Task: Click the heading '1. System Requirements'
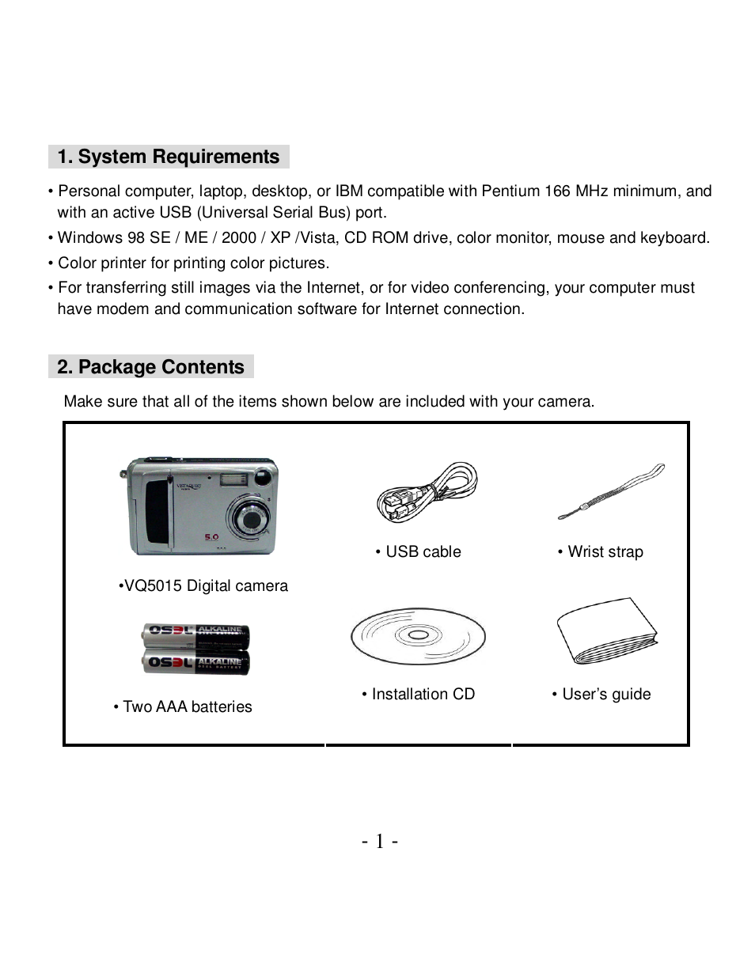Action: pyautogui.click(x=168, y=157)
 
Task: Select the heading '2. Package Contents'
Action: pyautogui.click(x=150, y=367)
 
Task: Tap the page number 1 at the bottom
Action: pyautogui.click(x=379, y=841)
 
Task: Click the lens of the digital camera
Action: pyautogui.click(x=252, y=520)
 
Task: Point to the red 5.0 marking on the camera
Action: pyautogui.click(x=211, y=537)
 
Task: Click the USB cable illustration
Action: pyautogui.click(x=427, y=492)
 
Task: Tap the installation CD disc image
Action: pyautogui.click(x=418, y=636)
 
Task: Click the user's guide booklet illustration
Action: pyautogui.click(x=606, y=632)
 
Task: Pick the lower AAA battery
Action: pyautogui.click(x=196, y=662)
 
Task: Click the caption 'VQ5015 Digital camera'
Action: pyautogui.click(x=203, y=586)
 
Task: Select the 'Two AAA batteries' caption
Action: pyautogui.click(x=183, y=707)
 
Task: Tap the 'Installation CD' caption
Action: pyautogui.click(x=419, y=695)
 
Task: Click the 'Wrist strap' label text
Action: pyautogui.click(x=601, y=552)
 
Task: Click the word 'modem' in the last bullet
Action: pyautogui.click(x=123, y=309)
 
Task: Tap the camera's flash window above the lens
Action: pyautogui.click(x=233, y=477)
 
